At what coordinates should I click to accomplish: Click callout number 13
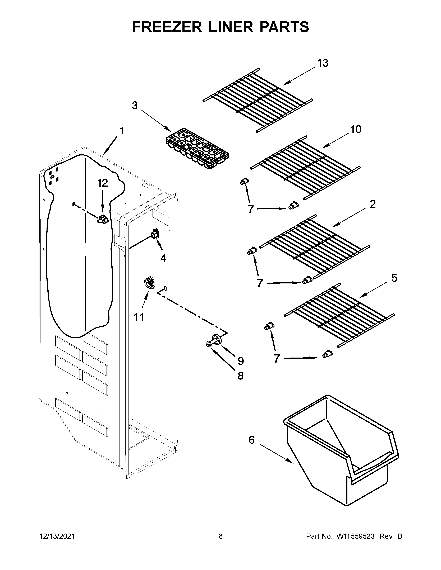[x=323, y=63]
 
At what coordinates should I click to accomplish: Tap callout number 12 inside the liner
[x=103, y=183]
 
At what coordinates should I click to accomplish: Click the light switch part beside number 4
[x=155, y=233]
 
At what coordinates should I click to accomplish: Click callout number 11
[x=139, y=317]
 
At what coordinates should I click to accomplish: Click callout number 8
[x=240, y=376]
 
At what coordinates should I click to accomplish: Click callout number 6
[x=251, y=440]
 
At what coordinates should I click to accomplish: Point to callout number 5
[x=394, y=278]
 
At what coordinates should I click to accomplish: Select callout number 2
[x=373, y=204]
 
